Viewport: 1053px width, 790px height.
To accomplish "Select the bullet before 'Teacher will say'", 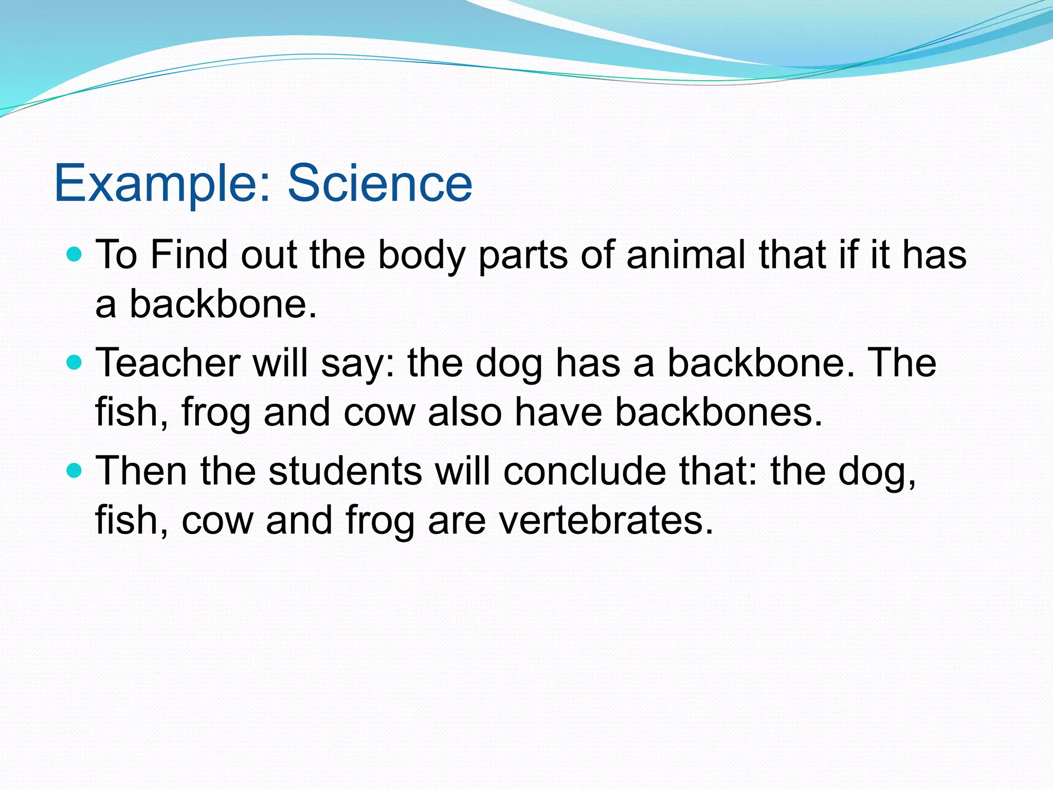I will (75, 363).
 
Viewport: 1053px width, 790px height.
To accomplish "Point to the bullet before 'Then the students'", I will (75, 471).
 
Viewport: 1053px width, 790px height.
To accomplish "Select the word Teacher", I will (168, 363).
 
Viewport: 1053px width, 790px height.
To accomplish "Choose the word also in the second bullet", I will (465, 412).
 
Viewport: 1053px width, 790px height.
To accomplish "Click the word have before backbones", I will (558, 412).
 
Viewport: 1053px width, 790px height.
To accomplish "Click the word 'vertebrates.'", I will (606, 520).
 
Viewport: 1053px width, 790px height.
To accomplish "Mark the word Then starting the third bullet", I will (141, 471).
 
